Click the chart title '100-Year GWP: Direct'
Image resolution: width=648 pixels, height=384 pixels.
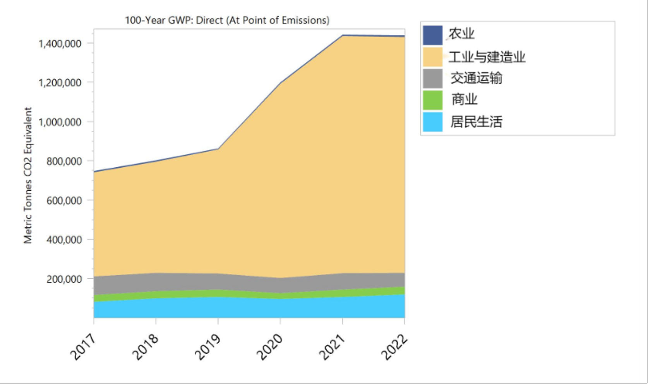tap(227, 21)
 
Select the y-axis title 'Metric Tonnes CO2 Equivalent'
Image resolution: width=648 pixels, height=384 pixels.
tap(28, 175)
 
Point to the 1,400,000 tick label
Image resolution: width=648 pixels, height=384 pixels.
tap(60, 43)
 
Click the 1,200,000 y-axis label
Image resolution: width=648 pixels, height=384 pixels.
tap(60, 83)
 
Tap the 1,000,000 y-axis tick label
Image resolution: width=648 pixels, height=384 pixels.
tap(60, 122)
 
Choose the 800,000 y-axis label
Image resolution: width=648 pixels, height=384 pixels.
tap(64, 161)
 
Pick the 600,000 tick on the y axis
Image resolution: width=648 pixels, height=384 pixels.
tap(64, 201)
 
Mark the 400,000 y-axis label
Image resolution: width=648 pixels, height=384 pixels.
tap(64, 240)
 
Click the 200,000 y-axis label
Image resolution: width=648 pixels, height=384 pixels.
tap(64, 279)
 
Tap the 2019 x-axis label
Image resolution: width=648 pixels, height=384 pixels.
tap(207, 347)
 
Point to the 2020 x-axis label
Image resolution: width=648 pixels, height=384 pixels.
tap(270, 347)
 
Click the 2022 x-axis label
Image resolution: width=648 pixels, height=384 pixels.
tap(394, 347)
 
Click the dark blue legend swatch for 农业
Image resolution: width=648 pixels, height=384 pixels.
tap(432, 35)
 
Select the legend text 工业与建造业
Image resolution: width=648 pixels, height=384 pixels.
tap(487, 57)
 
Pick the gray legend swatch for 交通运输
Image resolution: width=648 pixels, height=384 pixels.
tap(432, 79)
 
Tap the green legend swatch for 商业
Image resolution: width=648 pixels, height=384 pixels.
tap(432, 100)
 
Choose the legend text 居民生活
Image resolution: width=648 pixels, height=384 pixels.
tap(476, 122)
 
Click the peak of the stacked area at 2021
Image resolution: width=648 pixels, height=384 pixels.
tap(343, 35)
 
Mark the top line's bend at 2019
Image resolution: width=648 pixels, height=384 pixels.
tap(218, 149)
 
